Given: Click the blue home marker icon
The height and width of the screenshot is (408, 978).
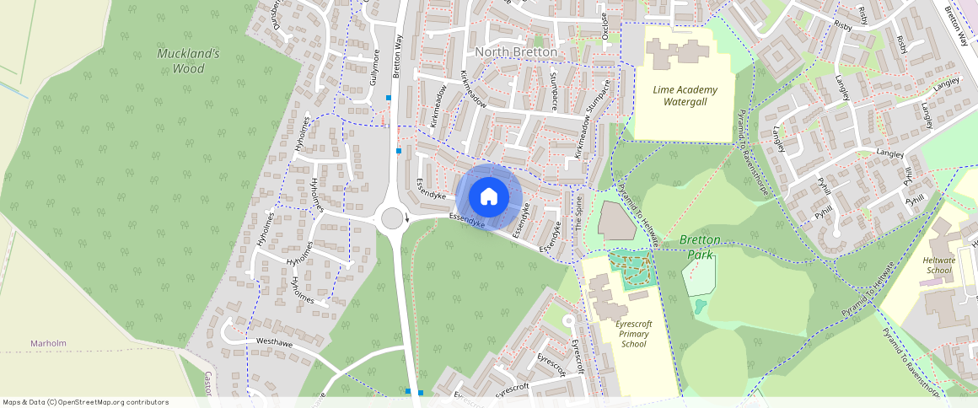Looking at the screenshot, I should pos(489,197).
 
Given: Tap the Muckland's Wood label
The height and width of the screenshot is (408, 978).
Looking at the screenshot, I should pos(189,61).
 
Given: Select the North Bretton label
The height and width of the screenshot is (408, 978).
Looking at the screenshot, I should pos(517,52).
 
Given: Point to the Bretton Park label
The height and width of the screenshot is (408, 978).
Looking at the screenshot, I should pos(700,247).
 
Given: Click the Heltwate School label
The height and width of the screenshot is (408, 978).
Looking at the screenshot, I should pos(938,266).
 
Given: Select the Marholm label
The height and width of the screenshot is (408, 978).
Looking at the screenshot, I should pos(48,343).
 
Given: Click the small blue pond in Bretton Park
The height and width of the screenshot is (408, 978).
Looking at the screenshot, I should pos(700,305).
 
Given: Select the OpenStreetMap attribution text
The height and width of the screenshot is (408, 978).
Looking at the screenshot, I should pos(85,402).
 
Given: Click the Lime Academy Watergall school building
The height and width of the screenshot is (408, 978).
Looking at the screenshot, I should pos(682,51).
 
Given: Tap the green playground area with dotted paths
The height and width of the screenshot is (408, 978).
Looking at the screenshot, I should pos(631,268).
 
